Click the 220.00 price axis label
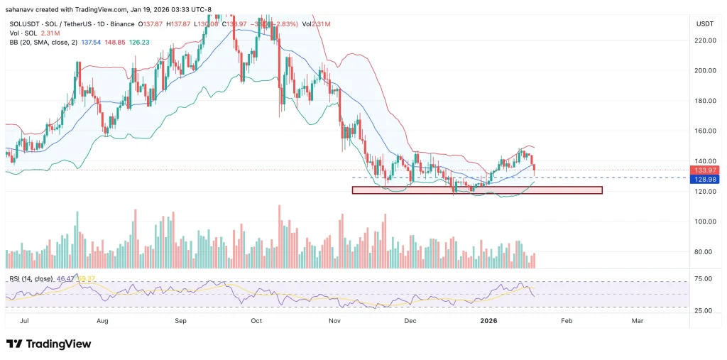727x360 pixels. (708, 40)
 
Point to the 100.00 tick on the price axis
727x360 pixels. (708, 222)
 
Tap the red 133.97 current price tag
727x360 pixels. (707, 170)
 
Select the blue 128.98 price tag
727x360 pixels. (707, 180)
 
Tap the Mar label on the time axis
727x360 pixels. (638, 321)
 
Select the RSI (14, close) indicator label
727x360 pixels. (31, 279)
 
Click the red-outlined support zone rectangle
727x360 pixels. (476, 190)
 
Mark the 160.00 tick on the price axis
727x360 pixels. (708, 131)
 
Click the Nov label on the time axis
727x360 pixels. (336, 321)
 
